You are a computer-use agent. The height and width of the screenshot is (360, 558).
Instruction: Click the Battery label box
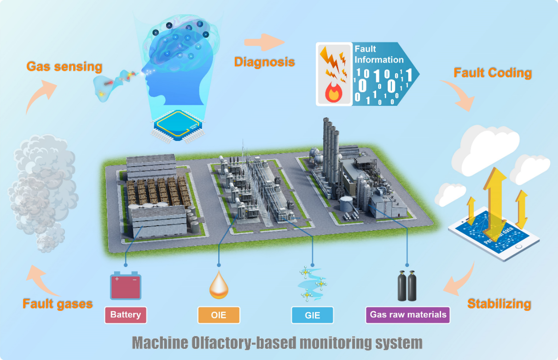click(126, 315)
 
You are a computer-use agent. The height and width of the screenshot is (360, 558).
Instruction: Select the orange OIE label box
click(219, 315)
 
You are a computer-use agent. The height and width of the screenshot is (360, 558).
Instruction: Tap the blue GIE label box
click(312, 315)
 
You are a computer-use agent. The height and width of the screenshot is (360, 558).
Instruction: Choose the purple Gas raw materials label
click(408, 315)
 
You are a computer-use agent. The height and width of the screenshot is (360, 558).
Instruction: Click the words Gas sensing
click(64, 66)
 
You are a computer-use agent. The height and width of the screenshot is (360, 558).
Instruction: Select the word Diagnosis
click(264, 62)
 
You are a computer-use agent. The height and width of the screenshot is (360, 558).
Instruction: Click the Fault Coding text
click(493, 73)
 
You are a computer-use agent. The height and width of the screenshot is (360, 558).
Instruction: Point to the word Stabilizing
click(499, 304)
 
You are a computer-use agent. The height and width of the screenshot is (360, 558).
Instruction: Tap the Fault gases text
click(58, 304)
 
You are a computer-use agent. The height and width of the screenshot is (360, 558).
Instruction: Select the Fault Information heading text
click(378, 54)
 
